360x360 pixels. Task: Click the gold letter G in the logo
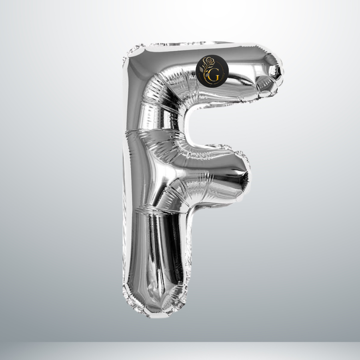[x=214, y=77]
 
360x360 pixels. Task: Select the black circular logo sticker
[x=212, y=71]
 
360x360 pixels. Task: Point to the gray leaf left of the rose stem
[x=201, y=69]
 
